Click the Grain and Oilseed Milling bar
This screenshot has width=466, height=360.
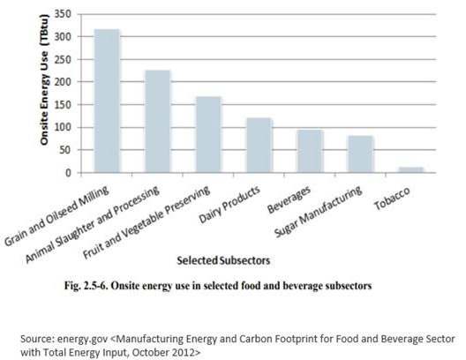pos(107,101)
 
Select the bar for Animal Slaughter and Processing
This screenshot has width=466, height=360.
pos(158,121)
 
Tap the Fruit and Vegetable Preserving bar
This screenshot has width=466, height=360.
pos(208,134)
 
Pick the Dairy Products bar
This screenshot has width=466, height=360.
pos(259,146)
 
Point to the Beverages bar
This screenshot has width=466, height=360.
pos(311,151)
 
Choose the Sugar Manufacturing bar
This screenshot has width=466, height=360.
pos(361,154)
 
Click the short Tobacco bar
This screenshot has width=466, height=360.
pos(411,170)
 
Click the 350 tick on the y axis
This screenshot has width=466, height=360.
pos(63,14)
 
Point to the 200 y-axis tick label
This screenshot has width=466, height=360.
pos(63,82)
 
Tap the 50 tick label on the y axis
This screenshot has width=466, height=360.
pos(65,150)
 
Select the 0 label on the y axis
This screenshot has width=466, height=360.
pos(69,173)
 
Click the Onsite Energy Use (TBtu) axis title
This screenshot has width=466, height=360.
pos(44,79)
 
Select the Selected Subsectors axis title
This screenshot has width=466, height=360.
pos(223,260)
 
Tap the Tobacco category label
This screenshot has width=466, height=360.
pos(392,199)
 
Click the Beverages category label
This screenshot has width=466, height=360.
pos(289,199)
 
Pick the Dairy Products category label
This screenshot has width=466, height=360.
pos(229,205)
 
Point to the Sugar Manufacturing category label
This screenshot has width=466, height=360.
pos(318,211)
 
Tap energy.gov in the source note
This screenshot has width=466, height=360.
pos(82,339)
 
